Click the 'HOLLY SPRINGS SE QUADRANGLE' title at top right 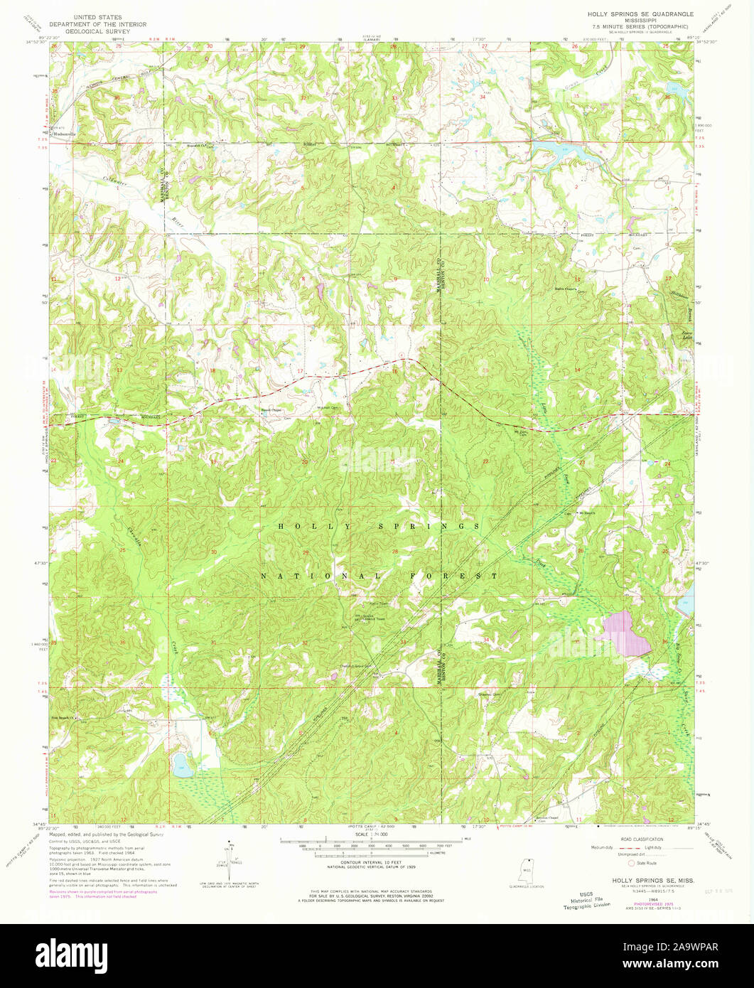point(632,14)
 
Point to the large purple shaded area point(626,633)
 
